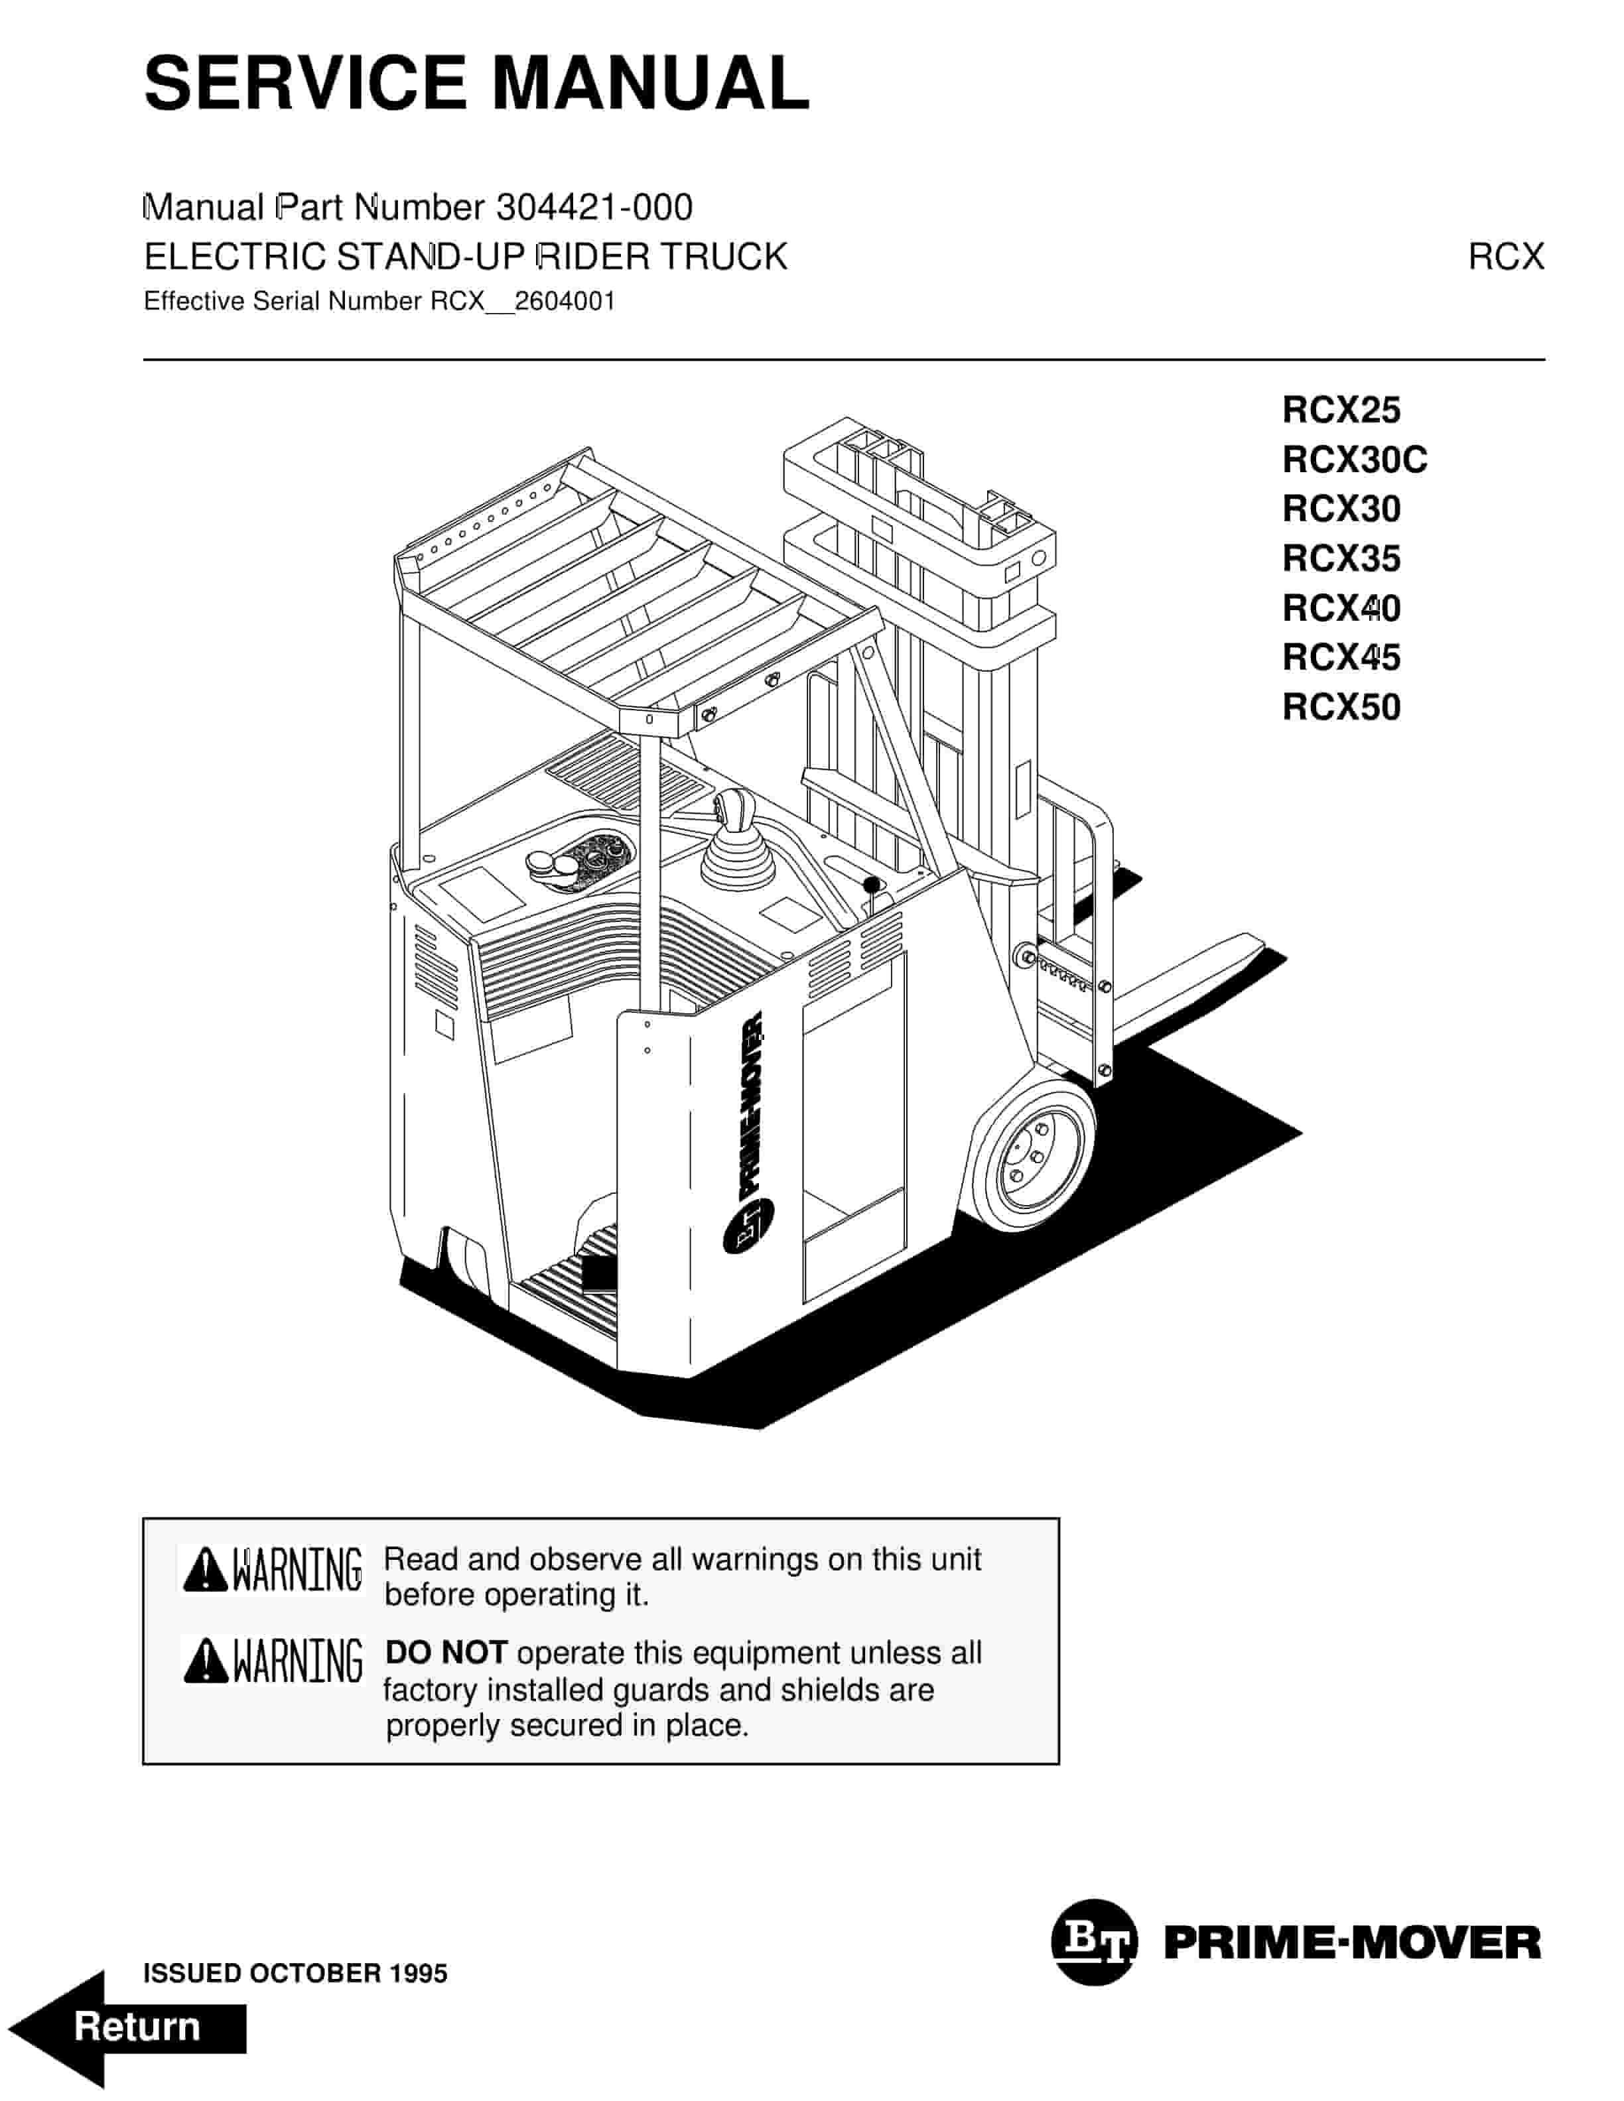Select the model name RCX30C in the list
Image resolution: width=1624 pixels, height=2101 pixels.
click(1353, 460)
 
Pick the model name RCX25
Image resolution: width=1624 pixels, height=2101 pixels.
click(1340, 410)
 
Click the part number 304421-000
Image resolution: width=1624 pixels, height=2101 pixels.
click(594, 208)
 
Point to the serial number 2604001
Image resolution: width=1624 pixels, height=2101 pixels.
click(564, 302)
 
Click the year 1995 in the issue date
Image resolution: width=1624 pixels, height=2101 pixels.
click(419, 1974)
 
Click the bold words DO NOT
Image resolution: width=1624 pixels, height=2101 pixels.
click(445, 1653)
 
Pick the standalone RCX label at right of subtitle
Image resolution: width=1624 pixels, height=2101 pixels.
click(1505, 257)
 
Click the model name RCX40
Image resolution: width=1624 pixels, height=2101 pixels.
click(1340, 608)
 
